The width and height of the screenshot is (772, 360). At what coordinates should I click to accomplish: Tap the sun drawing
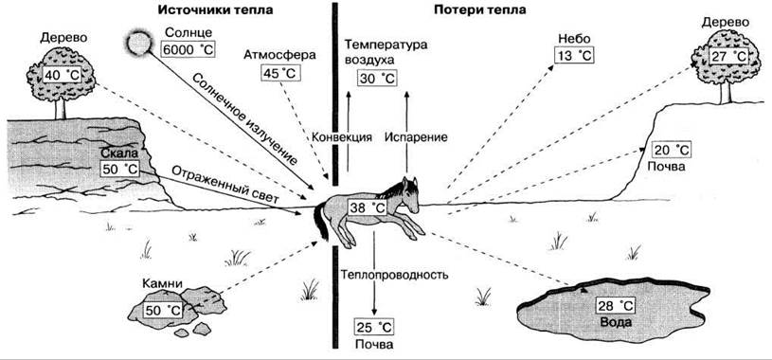[x=138, y=42]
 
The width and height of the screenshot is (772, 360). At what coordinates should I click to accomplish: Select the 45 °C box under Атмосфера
[x=280, y=73]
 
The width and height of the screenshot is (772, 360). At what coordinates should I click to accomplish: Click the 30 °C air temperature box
[x=377, y=79]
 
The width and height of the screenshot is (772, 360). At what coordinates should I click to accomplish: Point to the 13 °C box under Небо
[x=574, y=55]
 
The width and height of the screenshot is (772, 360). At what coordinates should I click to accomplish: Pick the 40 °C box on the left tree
[x=62, y=75]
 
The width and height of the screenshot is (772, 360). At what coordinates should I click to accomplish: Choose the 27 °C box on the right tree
[x=729, y=55]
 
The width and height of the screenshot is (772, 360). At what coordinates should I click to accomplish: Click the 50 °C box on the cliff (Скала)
[x=119, y=169]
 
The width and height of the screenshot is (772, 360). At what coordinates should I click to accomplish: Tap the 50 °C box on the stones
[x=164, y=311]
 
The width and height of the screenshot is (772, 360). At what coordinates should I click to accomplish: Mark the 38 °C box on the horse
[x=367, y=207]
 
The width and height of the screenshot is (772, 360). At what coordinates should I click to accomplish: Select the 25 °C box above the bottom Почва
[x=374, y=327]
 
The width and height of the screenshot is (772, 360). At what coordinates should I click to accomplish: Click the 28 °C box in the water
[x=616, y=306]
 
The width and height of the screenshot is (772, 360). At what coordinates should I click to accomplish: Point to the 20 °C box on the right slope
[x=672, y=150]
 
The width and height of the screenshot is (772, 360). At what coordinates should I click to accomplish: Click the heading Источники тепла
[x=215, y=10]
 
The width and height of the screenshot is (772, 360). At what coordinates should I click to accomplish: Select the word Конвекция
[x=342, y=137]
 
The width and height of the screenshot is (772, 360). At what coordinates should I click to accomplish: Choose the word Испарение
[x=416, y=137]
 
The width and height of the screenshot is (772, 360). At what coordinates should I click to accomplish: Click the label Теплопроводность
[x=394, y=275]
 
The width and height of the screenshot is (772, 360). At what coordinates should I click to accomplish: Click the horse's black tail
[x=321, y=222]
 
